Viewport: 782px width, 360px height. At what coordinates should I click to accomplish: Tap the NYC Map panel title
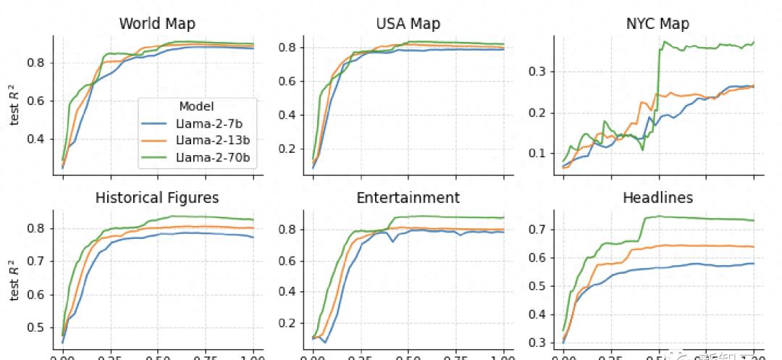coord(657,23)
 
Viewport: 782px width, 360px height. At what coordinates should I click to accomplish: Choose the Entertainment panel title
coord(408,198)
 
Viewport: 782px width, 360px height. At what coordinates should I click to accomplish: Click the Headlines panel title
coord(657,198)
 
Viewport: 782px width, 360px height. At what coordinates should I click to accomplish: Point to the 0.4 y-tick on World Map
coord(35,139)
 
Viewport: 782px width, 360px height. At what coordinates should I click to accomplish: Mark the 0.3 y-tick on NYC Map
coord(537,71)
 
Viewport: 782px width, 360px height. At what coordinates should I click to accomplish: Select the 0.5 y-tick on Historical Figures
coord(35,327)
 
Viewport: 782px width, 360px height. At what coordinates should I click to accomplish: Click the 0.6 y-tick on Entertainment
coord(286,261)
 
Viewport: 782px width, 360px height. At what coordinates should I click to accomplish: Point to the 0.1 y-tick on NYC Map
coord(537,153)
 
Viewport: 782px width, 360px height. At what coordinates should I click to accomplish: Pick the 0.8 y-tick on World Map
coord(35,62)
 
